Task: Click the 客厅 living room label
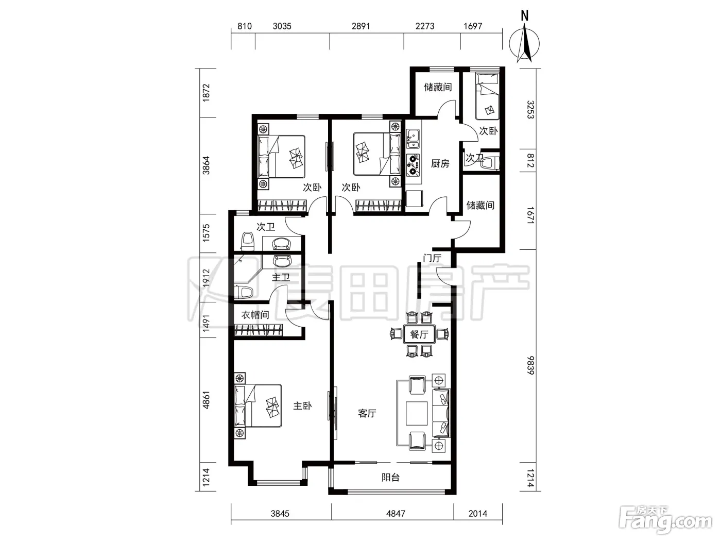(367, 413)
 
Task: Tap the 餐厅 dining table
(419, 334)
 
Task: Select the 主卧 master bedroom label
(302, 406)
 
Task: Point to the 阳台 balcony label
(390, 477)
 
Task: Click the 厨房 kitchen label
(440, 163)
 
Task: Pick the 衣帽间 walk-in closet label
(255, 315)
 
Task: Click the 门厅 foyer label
(432, 258)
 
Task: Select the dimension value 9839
(530, 365)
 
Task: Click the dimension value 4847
(396, 513)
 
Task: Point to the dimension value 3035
(282, 26)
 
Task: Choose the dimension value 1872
(206, 93)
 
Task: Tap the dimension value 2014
(477, 513)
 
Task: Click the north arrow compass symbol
(524, 43)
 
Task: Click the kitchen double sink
(413, 139)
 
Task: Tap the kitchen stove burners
(413, 165)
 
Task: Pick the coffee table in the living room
(417, 413)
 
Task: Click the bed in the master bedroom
(258, 406)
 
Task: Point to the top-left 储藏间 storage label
(438, 87)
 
